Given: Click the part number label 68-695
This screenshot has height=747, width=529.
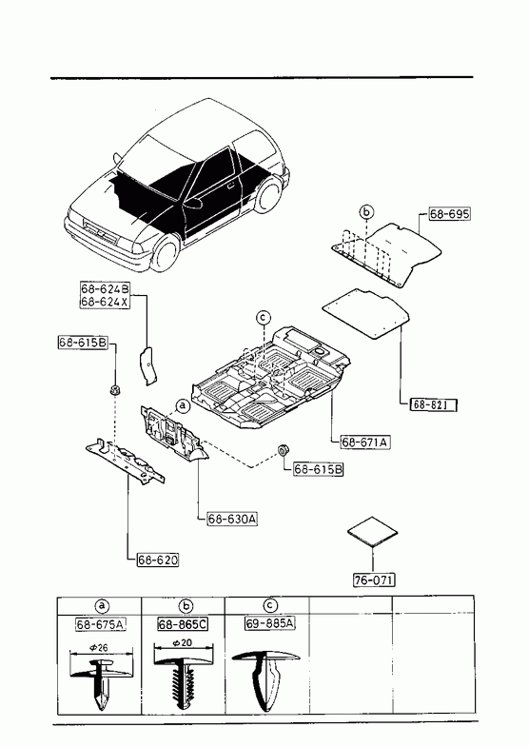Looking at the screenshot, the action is click(x=449, y=214).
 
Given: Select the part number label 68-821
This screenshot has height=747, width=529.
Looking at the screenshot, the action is click(x=433, y=404).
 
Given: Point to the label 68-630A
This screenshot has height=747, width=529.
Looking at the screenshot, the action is click(x=232, y=519).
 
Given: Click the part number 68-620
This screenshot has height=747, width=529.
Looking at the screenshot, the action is click(x=158, y=560).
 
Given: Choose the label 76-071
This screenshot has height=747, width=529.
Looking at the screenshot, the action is click(x=374, y=580).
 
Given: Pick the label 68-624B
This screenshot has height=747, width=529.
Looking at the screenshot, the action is click(x=105, y=289).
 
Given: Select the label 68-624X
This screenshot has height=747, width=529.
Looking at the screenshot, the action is click(x=105, y=302).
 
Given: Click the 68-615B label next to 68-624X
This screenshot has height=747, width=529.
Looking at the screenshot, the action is click(x=84, y=342).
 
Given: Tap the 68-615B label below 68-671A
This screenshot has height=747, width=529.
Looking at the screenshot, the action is click(x=318, y=469).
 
